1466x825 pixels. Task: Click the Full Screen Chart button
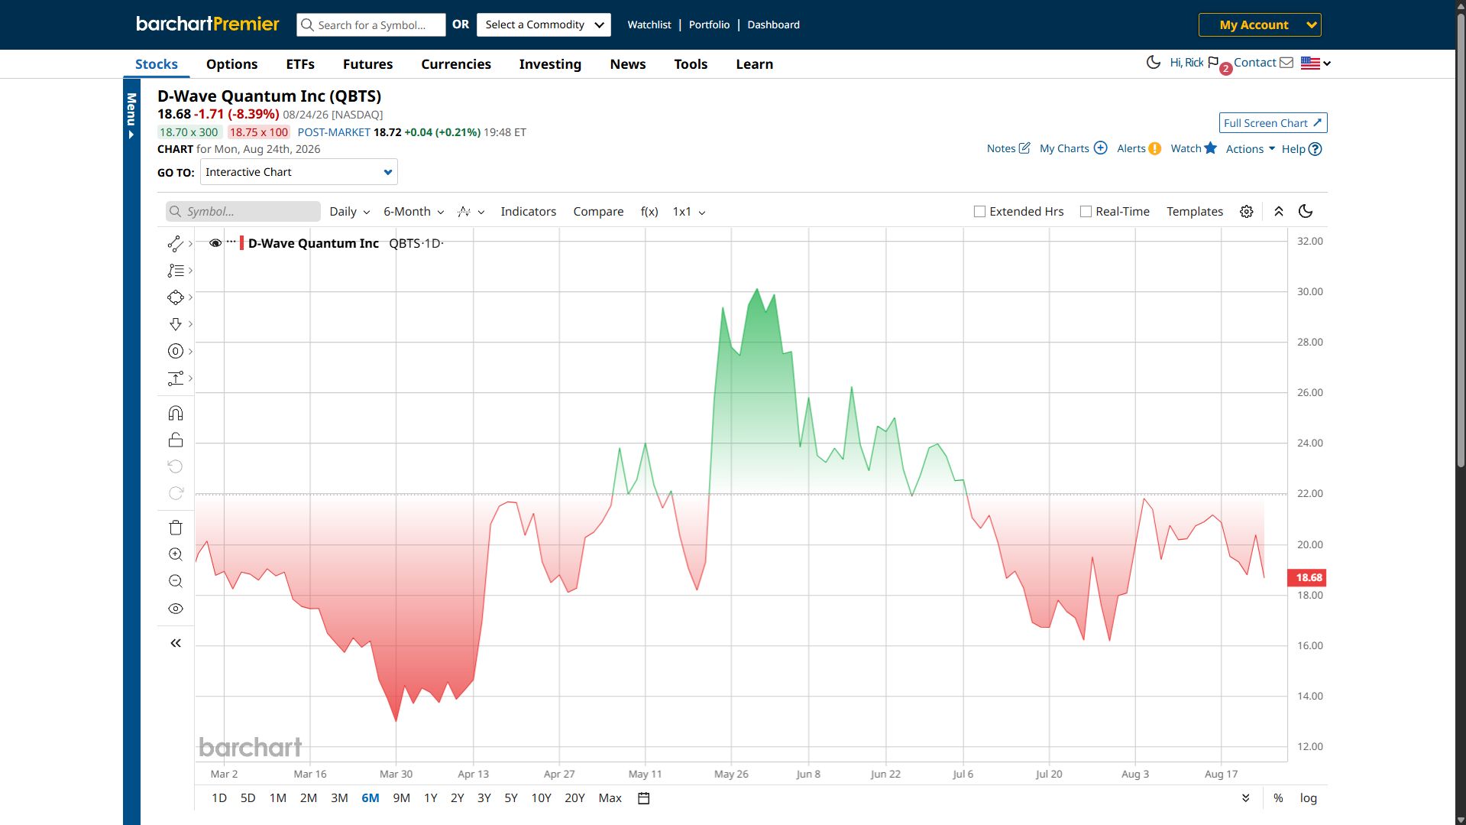(x=1273, y=123)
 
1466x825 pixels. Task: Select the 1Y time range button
(x=431, y=798)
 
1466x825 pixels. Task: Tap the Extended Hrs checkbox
(x=979, y=212)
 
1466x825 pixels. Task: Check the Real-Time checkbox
(x=1086, y=212)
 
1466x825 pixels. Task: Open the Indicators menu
(x=528, y=212)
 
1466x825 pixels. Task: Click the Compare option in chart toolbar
(x=598, y=212)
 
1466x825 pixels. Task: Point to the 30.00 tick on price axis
(x=1309, y=291)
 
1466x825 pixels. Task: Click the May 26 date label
(x=731, y=774)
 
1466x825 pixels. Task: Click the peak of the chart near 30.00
(x=757, y=289)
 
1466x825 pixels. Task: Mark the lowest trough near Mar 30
(x=396, y=720)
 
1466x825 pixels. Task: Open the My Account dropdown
(x=1260, y=24)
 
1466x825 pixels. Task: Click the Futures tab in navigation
(x=367, y=64)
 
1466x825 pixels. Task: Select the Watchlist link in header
(x=649, y=24)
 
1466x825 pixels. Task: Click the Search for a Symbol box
(x=371, y=24)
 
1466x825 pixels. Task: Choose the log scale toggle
(x=1309, y=798)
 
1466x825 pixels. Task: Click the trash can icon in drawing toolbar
(x=176, y=528)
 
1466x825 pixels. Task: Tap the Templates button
(x=1195, y=212)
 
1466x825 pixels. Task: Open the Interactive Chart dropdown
(x=299, y=172)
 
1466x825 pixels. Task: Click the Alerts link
(x=1138, y=148)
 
